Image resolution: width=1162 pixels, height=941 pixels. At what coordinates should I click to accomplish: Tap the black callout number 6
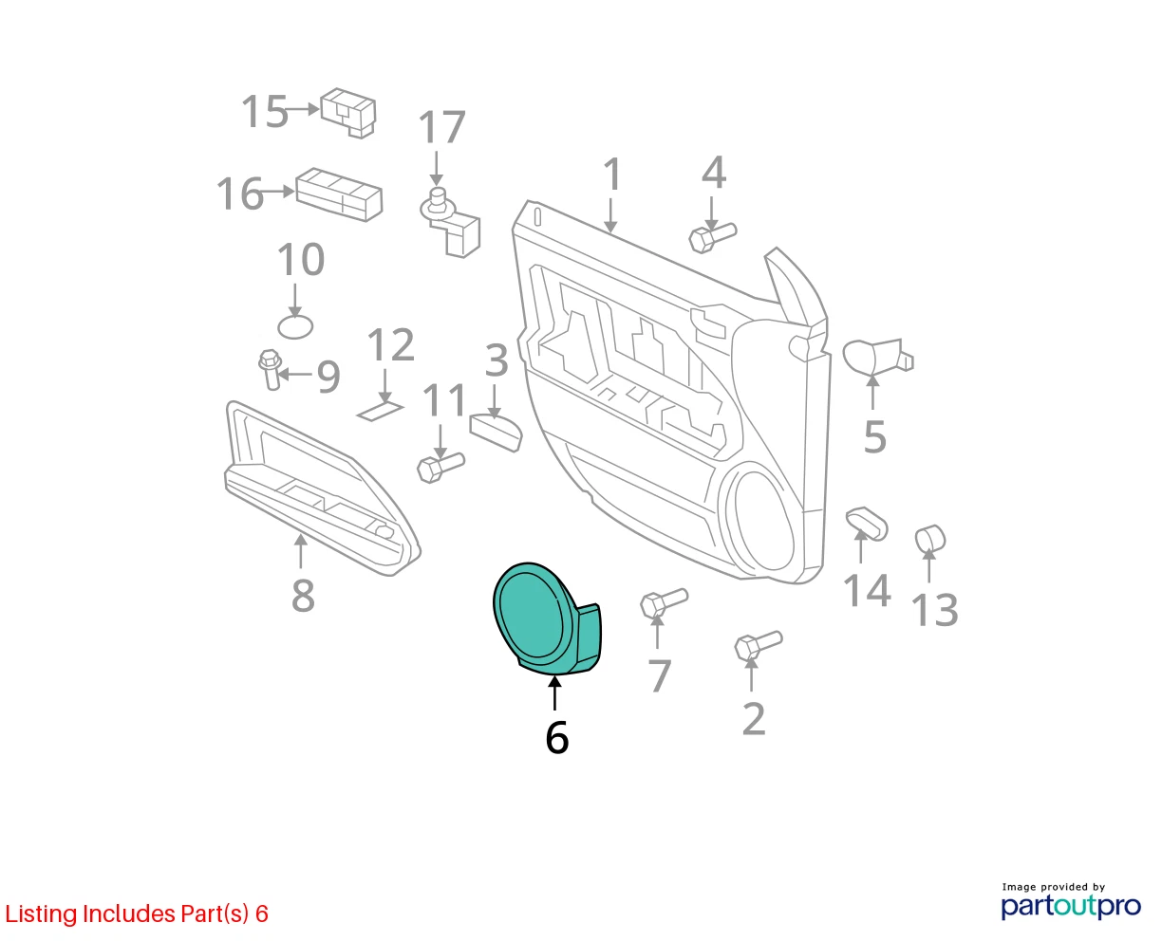pyautogui.click(x=556, y=738)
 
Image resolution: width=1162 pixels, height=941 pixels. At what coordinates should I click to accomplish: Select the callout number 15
pyautogui.click(x=264, y=111)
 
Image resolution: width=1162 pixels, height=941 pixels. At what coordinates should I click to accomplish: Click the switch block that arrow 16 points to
pyautogui.click(x=339, y=194)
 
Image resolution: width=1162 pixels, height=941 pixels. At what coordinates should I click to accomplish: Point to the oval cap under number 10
pyautogui.click(x=295, y=327)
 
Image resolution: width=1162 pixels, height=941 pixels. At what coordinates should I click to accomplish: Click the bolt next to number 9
pyautogui.click(x=270, y=369)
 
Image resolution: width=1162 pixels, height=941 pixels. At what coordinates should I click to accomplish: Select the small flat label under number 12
pyautogui.click(x=380, y=411)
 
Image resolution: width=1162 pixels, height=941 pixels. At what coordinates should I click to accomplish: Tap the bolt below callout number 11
pyautogui.click(x=440, y=468)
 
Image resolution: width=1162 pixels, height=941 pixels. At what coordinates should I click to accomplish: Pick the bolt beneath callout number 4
pyautogui.click(x=712, y=238)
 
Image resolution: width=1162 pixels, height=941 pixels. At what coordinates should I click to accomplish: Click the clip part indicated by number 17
pyautogui.click(x=450, y=222)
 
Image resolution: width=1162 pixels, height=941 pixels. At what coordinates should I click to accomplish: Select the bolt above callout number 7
pyautogui.click(x=664, y=603)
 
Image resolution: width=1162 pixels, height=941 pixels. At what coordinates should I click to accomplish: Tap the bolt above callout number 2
pyautogui.click(x=759, y=646)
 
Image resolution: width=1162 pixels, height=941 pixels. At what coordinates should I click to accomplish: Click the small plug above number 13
pyautogui.click(x=929, y=539)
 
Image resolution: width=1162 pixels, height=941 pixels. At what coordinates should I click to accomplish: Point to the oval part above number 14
pyautogui.click(x=867, y=524)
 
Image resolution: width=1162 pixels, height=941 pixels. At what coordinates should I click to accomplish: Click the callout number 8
pyautogui.click(x=303, y=596)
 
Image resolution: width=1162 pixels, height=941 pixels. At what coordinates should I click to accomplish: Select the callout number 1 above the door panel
pyautogui.click(x=612, y=174)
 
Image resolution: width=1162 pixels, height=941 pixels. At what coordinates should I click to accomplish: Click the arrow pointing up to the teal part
pyautogui.click(x=554, y=692)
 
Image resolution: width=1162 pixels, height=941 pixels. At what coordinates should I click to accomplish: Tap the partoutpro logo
pyautogui.click(x=1070, y=906)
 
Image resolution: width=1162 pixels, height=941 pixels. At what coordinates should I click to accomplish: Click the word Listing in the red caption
pyautogui.click(x=41, y=914)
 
